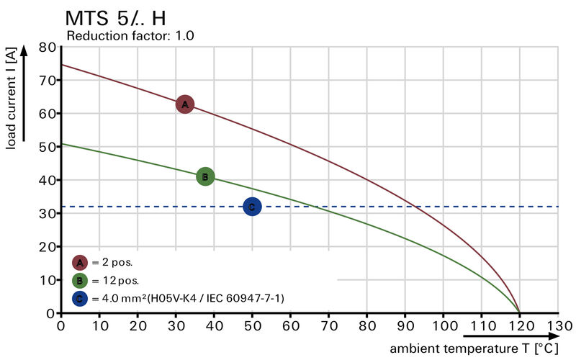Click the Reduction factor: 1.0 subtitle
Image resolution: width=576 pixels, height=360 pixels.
[x=130, y=35]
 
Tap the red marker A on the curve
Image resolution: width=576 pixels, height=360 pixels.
[x=185, y=104]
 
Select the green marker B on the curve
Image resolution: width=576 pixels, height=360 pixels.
[x=205, y=176]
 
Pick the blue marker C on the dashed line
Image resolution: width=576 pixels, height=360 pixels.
[x=252, y=207]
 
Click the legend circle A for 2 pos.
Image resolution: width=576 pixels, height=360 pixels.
[x=80, y=263]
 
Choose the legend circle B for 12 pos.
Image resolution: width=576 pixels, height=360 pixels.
[x=80, y=280]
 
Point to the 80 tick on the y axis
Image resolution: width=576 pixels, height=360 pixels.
[x=48, y=48]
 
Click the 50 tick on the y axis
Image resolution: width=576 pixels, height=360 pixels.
[x=48, y=147]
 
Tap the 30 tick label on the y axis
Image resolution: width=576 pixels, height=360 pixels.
[x=48, y=213]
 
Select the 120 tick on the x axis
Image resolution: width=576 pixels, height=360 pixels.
[x=520, y=325]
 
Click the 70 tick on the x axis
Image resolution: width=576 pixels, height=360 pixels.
[x=329, y=325]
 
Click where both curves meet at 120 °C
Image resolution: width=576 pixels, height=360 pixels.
[x=520, y=312]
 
